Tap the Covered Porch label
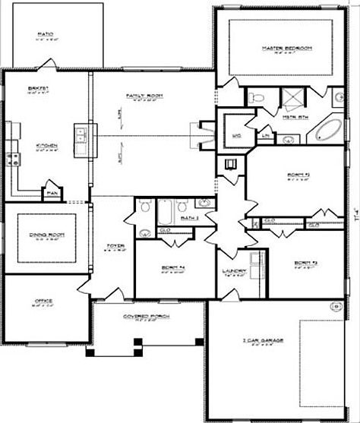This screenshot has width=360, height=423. point(139,317)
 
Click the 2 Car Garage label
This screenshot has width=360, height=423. point(263,342)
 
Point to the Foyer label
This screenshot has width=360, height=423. point(115,245)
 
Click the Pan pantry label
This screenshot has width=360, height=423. point(52,193)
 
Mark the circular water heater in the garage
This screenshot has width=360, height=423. point(335,307)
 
